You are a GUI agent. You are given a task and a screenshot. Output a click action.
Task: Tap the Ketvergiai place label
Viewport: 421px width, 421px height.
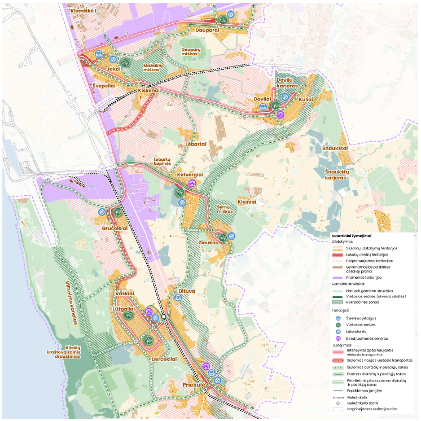(191, 174)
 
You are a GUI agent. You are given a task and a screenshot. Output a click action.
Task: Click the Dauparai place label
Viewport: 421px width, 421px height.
(207, 30)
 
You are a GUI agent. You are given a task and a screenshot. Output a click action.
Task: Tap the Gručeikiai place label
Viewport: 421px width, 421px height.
(115, 228)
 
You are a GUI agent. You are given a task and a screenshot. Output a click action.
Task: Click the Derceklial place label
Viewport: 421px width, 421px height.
(164, 358)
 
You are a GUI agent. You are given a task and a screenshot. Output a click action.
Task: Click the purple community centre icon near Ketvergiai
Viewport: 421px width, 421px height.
(192, 183)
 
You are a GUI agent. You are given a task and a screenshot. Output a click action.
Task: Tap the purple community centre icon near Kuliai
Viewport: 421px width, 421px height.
(280, 115)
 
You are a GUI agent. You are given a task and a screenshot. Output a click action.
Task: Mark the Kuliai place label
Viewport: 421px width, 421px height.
(306, 99)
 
